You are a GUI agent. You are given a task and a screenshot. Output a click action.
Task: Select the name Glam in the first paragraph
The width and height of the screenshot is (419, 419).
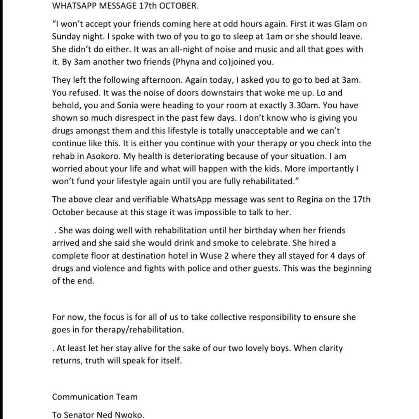click(338, 24)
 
